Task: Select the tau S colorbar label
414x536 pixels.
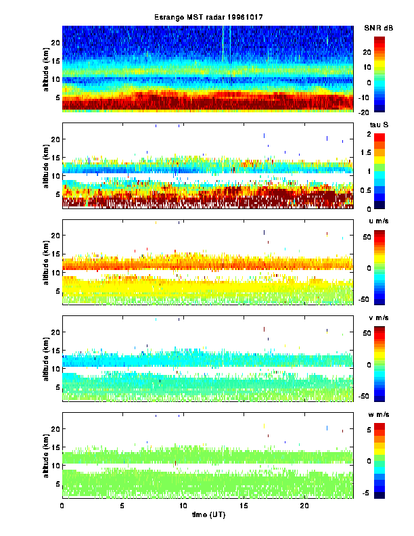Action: pos(377,125)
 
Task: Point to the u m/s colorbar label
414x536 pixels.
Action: pos(378,221)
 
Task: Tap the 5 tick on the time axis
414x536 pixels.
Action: pos(122,506)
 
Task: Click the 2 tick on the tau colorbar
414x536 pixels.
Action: pos(379,135)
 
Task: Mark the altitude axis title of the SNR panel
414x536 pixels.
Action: pos(45,68)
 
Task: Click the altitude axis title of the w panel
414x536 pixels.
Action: pos(45,455)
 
